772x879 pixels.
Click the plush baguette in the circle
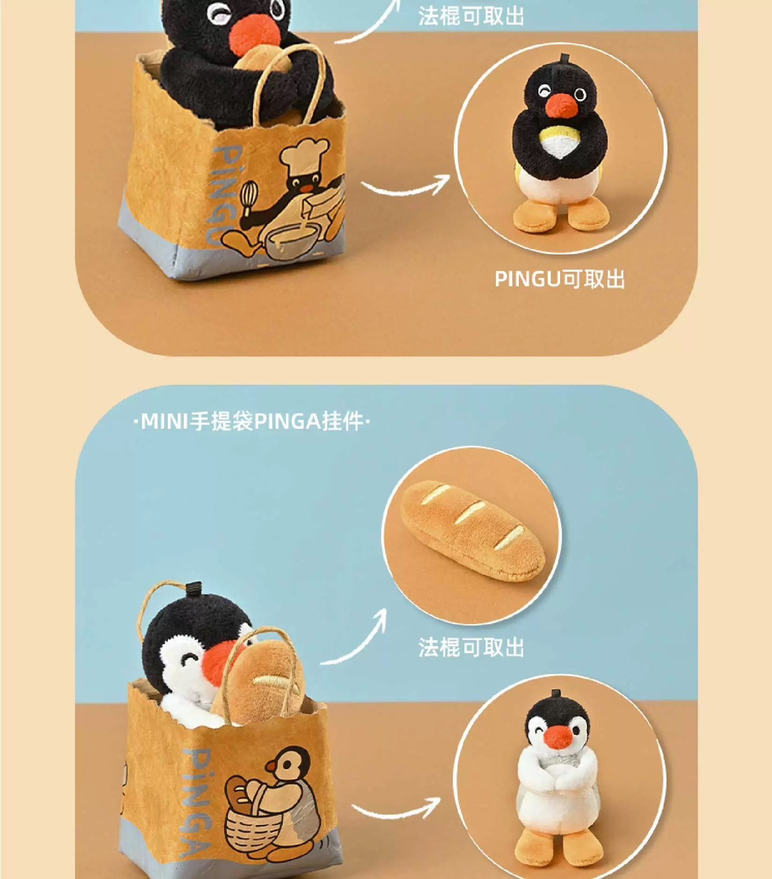point(473,531)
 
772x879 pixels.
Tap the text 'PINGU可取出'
point(560,279)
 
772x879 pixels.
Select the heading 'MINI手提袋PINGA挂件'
point(252,421)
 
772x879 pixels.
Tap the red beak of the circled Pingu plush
point(562,106)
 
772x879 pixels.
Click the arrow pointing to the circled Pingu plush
point(405,187)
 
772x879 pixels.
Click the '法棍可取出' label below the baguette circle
point(471,647)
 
